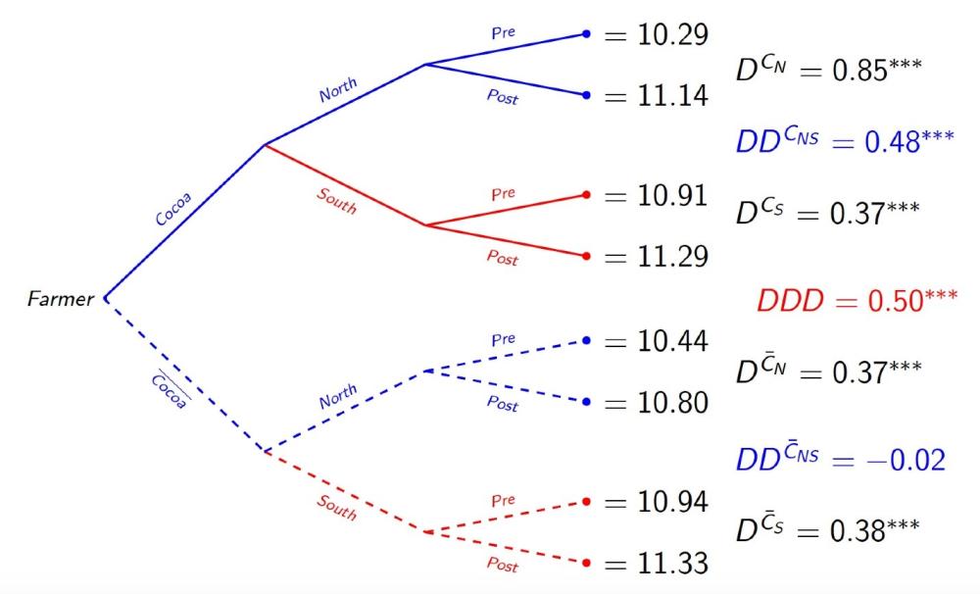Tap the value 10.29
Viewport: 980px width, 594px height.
pos(670,35)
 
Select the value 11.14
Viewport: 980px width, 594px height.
pos(670,96)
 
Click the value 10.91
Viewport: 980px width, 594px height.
pos(670,196)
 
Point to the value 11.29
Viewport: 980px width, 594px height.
pos(670,257)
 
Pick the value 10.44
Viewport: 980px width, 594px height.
pos(670,341)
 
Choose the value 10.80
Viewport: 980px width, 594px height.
pos(670,403)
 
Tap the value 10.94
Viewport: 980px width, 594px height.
pos(670,503)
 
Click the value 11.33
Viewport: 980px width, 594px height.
pos(670,565)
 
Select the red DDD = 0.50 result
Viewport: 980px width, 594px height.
pos(857,300)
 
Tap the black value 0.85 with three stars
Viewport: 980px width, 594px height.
pos(876,73)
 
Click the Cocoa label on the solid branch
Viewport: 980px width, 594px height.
pos(172,208)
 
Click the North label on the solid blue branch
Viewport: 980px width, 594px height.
pos(338,90)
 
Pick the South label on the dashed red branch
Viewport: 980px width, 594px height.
pos(336,507)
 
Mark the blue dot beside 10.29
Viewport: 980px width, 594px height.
pos(586,34)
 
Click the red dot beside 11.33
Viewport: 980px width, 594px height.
pos(586,564)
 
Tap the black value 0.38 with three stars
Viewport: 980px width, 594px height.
pos(874,529)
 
